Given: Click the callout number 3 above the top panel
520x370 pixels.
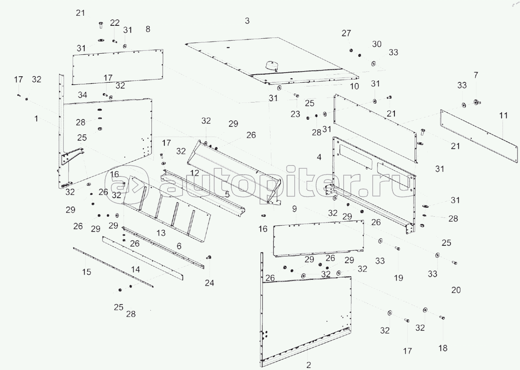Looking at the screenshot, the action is tap(247, 21).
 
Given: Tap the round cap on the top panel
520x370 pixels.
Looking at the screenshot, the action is tap(271, 65).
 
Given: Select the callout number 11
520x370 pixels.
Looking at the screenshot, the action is tap(503, 115).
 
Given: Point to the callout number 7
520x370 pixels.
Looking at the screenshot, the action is tap(476, 75).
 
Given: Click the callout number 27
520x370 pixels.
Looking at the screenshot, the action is tap(346, 33).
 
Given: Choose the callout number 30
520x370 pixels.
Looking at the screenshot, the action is tap(377, 44).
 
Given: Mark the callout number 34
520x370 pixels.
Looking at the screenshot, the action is tap(82, 95).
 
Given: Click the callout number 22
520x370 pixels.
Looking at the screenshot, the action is tap(115, 23).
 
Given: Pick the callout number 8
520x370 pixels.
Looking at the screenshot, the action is tap(148, 29).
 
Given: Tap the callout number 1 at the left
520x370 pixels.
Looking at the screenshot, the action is tap(36, 119).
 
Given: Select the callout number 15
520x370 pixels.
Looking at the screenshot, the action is tap(86, 272).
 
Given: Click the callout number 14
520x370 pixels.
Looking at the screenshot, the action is tap(136, 270).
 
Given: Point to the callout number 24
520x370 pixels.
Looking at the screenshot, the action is tap(209, 283).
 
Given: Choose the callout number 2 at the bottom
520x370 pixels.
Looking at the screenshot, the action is tap(308, 365).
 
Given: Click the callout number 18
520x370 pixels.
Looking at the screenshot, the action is tap(443, 348).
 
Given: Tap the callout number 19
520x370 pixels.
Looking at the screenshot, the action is tap(398, 278).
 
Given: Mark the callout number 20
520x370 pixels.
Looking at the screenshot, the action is tap(456, 290).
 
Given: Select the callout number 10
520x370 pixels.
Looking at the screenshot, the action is tap(354, 86).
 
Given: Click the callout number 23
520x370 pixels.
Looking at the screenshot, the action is tap(295, 114).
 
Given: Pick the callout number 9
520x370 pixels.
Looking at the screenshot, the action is tap(294, 209).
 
